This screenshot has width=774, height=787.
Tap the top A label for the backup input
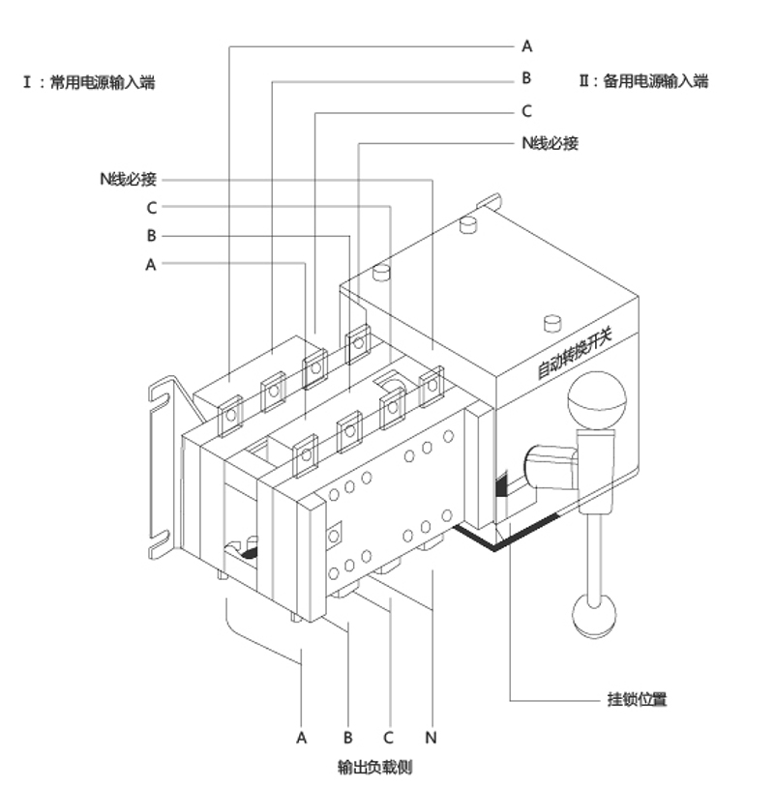coord(527,45)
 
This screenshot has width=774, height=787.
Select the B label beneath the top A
coord(527,78)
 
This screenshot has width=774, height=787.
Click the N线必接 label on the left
coord(127,179)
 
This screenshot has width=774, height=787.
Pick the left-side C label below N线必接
coord(152,207)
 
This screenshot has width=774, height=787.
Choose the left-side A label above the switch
coord(150,263)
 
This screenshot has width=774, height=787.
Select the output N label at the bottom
coord(432,738)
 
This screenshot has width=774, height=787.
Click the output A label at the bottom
coord(302,738)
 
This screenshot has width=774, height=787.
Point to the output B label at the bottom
coord(347,738)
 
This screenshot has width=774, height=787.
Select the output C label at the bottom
coord(388,738)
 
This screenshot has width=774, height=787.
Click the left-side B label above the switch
coord(151,235)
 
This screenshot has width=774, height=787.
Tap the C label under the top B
coord(527,111)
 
